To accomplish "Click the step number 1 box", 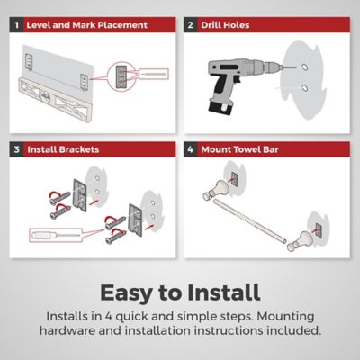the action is coord(16,25).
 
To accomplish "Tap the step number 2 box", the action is coord(191,25).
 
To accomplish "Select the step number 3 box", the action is coord(16,149).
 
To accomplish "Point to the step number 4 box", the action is coord(191,149).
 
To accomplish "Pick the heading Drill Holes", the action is coord(225,25).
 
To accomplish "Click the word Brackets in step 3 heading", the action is coord(79,149).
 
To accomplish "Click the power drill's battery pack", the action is coord(220,108).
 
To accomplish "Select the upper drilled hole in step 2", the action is coord(304,67).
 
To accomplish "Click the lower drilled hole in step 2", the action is coord(305,88).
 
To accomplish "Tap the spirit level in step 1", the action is coord(56,100).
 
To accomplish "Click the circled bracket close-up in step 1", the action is coord(121,76).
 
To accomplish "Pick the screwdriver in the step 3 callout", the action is coord(56,235).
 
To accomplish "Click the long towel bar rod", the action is coord(249,222).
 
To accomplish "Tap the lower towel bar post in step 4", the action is coord(299,241).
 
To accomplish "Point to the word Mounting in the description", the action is coord(286,317).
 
